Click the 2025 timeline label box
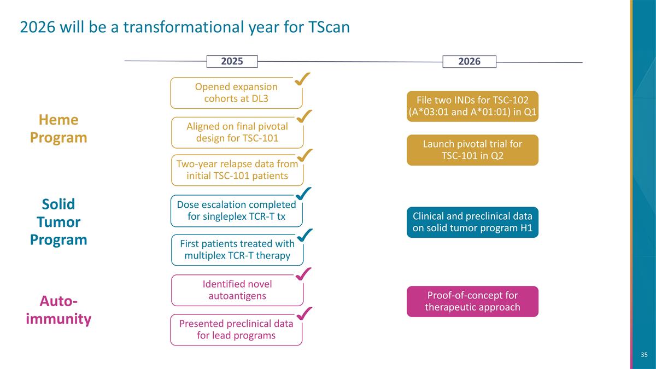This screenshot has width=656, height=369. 232,61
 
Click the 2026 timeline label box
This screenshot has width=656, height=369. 469,61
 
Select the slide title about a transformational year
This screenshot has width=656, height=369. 184,27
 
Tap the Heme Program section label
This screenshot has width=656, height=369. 58,128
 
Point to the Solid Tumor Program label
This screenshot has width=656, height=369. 58,222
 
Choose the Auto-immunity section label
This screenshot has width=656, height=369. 58,309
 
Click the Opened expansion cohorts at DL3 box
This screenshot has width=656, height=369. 236,93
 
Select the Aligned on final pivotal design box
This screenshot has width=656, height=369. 237,132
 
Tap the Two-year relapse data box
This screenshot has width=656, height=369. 237,170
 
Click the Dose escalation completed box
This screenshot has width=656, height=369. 236,210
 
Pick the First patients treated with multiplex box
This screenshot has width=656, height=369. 237,249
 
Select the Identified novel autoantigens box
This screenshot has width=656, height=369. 237,290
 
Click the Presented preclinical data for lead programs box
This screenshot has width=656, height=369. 236,330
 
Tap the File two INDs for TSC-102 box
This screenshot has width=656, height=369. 472,106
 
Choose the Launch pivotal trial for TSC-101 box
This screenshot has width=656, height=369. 472,150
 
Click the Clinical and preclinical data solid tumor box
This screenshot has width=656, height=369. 472,222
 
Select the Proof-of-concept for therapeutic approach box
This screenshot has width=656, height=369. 472,301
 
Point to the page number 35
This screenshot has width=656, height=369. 644,355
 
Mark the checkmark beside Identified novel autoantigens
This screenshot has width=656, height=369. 303,274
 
